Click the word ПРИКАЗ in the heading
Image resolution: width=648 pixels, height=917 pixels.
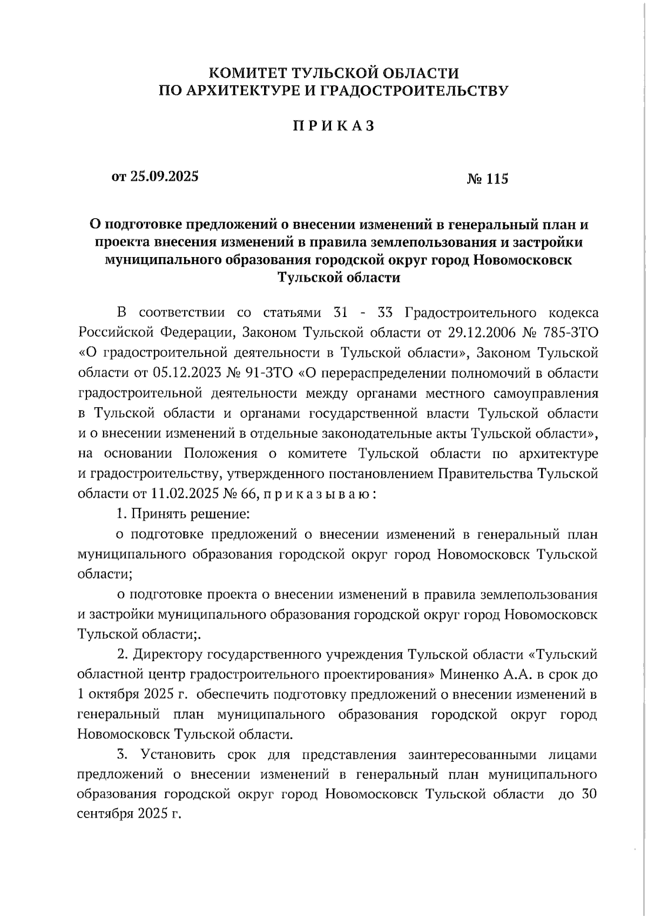[333, 126]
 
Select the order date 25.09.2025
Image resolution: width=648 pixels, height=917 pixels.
[164, 177]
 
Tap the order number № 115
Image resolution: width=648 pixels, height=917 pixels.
[487, 179]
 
